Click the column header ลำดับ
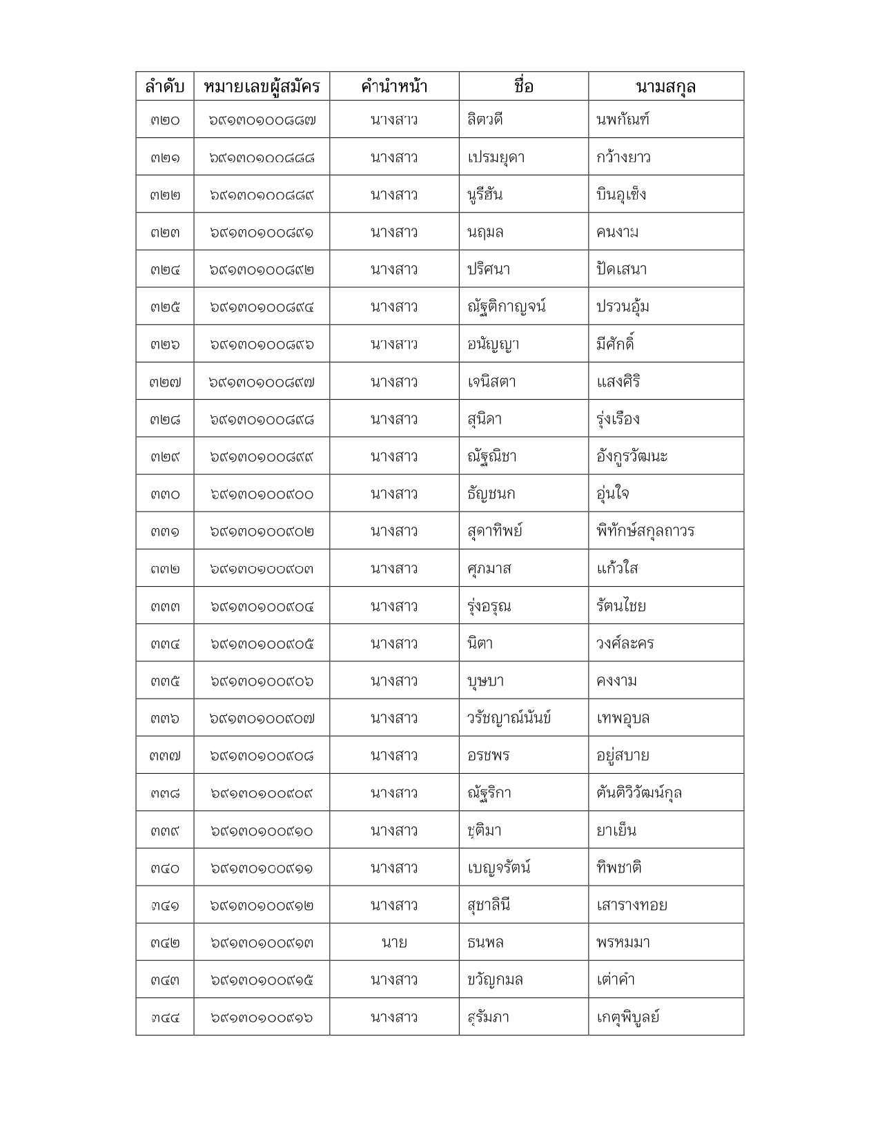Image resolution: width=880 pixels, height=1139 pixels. click(x=165, y=87)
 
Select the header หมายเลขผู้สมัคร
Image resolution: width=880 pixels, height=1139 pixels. click(x=262, y=87)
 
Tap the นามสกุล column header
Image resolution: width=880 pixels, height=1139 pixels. click(x=665, y=87)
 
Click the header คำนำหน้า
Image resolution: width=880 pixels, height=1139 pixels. click(x=394, y=87)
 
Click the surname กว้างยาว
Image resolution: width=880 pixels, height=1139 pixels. click(x=623, y=157)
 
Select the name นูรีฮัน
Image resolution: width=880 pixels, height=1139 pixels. click(x=485, y=195)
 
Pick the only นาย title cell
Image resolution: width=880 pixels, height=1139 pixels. click(x=394, y=942)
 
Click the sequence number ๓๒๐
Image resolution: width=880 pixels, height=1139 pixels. click(x=165, y=120)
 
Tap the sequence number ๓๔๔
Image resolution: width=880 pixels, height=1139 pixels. click(x=165, y=1018)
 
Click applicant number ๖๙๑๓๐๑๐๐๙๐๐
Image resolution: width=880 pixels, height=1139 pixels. click(x=262, y=494)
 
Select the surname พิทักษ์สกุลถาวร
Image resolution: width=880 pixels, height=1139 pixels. click(x=645, y=532)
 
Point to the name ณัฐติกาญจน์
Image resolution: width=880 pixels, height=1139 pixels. click(x=506, y=307)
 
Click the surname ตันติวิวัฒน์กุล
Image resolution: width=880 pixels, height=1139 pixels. click(x=639, y=792)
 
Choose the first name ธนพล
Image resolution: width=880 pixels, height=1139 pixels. click(x=485, y=942)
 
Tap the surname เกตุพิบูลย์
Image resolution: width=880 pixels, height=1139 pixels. click(x=628, y=1018)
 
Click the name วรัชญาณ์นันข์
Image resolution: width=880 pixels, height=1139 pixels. click(x=509, y=718)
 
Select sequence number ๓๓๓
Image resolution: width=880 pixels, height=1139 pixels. click(x=165, y=607)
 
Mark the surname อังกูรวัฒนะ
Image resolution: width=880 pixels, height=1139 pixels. click(x=632, y=457)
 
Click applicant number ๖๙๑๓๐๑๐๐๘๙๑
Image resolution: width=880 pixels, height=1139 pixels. click(x=262, y=233)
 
